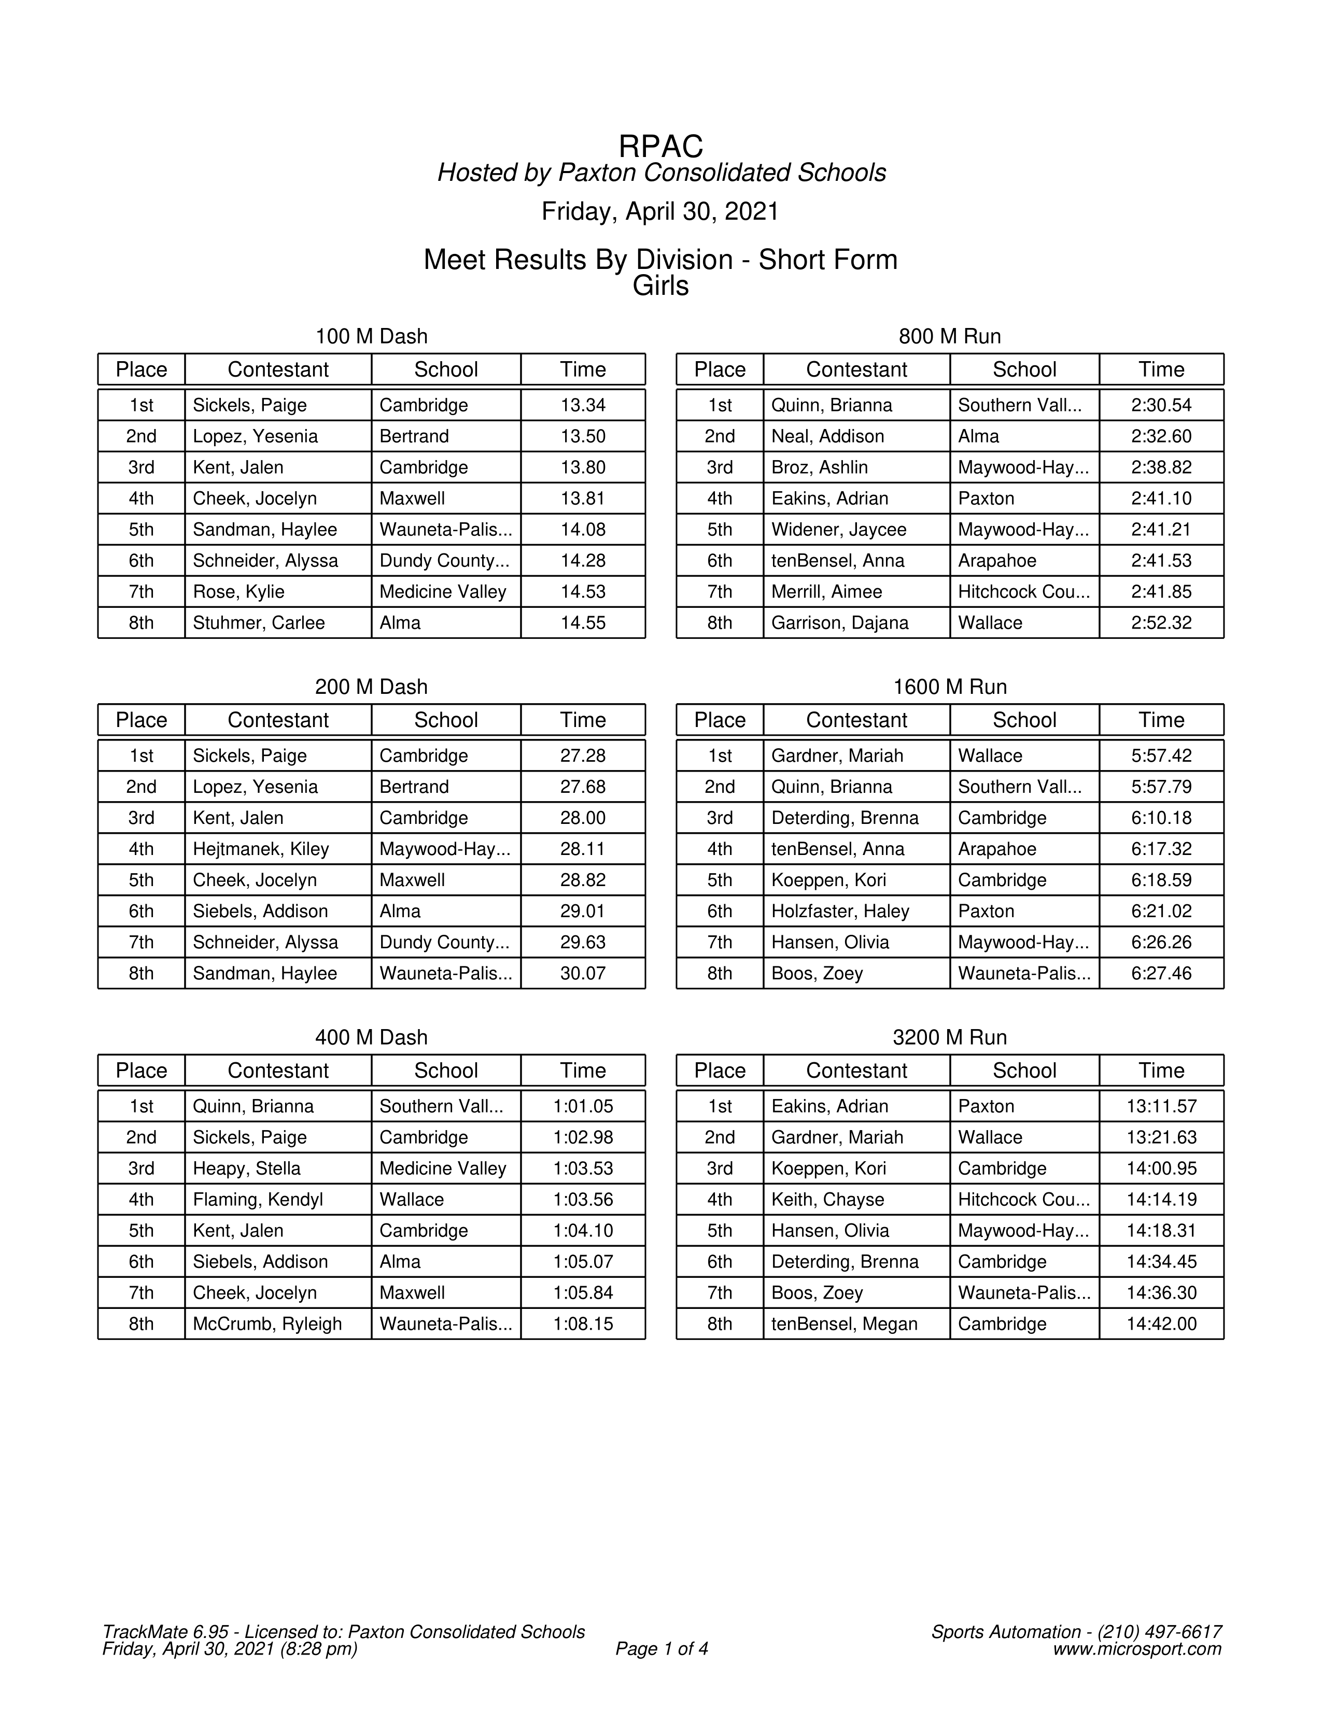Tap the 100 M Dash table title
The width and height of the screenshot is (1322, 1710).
pos(371,337)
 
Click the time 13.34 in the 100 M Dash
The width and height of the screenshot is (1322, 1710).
pos(583,406)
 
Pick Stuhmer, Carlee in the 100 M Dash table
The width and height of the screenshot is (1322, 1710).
pos(259,623)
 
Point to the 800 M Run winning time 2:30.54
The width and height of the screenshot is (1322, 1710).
pos(1161,406)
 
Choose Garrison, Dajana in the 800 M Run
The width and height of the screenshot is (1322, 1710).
pos(839,623)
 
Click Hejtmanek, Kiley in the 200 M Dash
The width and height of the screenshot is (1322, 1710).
pos(261,849)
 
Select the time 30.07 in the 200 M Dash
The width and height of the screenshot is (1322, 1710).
pos(583,974)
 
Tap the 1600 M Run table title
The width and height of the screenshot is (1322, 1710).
pos(949,688)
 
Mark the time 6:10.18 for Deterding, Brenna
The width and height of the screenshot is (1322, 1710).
pos(1161,818)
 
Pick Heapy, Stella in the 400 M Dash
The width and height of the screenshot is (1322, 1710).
pos(247,1169)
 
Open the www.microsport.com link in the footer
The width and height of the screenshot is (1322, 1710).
pos(1136,1650)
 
